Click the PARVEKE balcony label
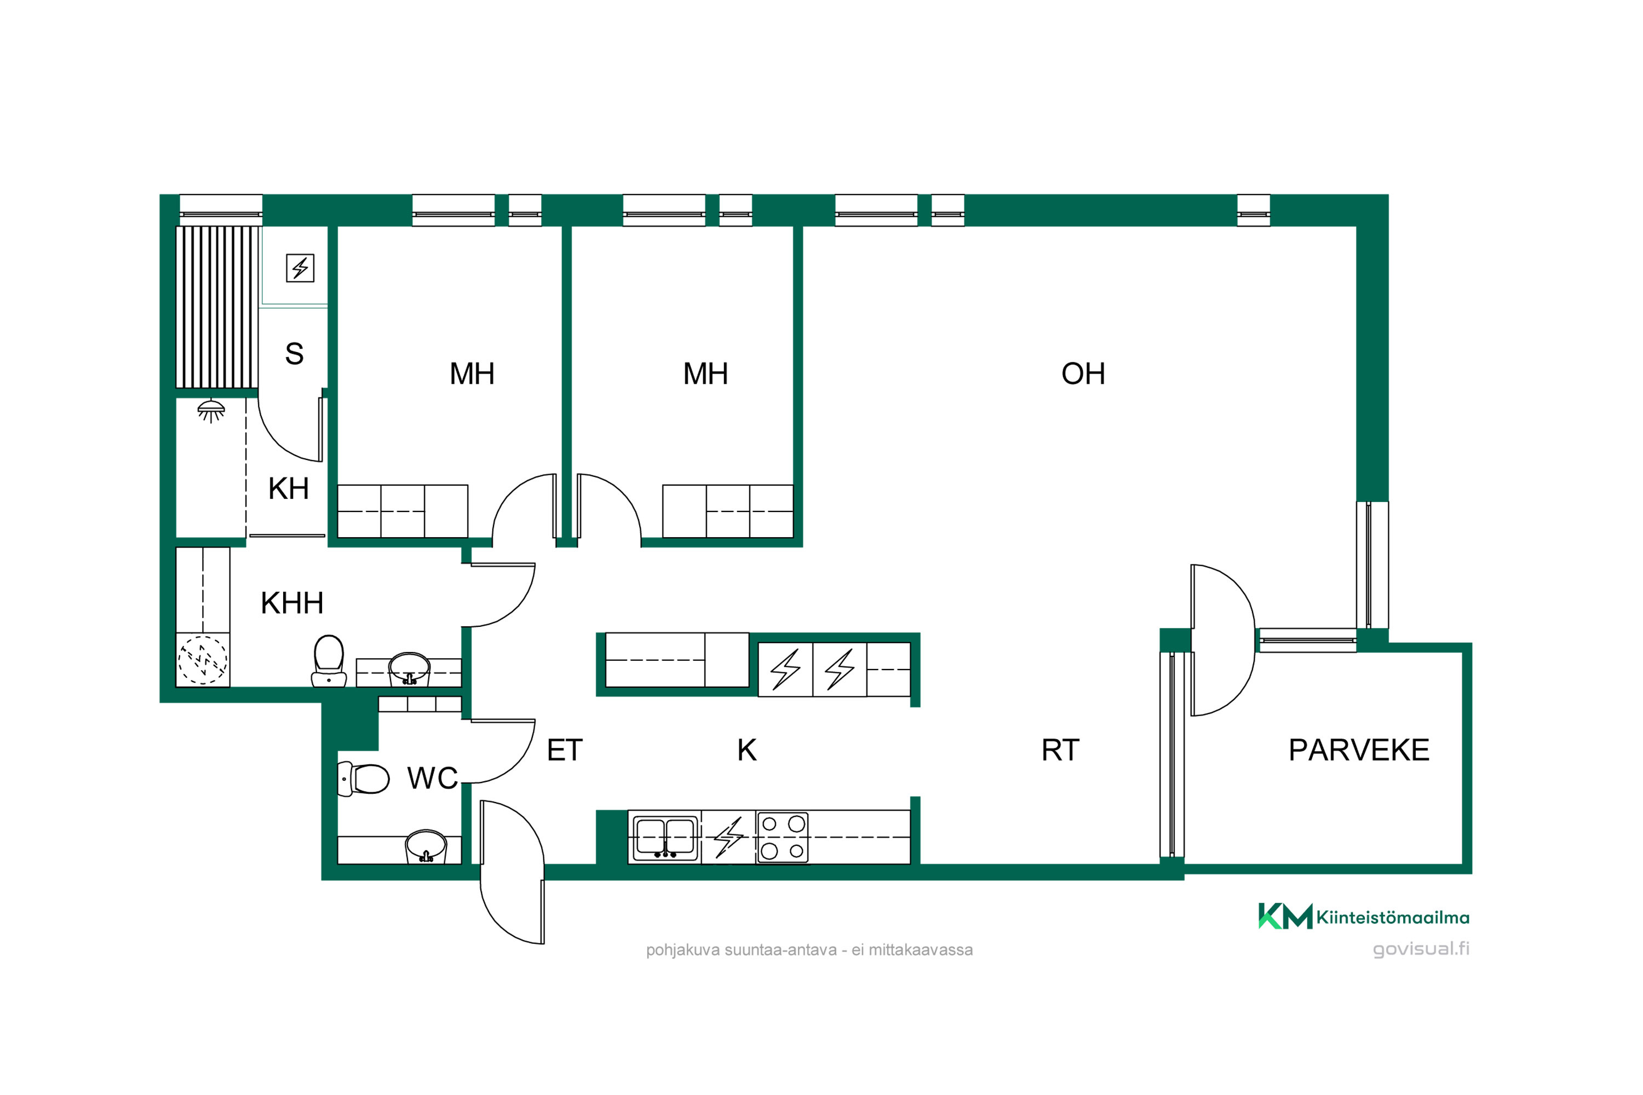1359,750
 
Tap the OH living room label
1083,373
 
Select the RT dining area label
1060,750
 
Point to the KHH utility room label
292,603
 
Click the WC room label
433,778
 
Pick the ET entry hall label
565,750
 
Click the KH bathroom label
289,488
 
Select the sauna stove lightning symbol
300,268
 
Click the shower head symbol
211,411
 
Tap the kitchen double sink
665,837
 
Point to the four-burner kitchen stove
783,837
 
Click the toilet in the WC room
363,779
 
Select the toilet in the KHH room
328,661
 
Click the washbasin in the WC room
426,846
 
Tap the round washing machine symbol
203,660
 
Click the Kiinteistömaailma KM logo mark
1285,915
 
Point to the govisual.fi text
1420,949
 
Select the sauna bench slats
216,307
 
